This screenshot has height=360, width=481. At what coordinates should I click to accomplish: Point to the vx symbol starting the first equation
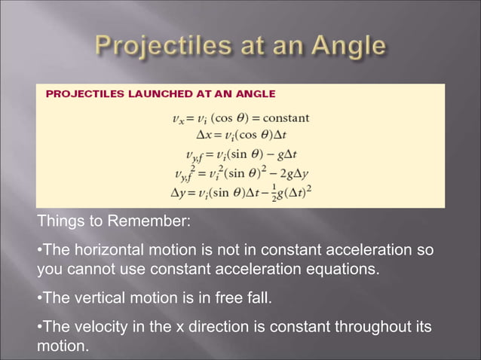tap(179, 119)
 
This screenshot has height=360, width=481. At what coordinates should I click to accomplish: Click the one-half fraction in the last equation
tap(273, 190)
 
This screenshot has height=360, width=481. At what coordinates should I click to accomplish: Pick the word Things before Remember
tap(59, 223)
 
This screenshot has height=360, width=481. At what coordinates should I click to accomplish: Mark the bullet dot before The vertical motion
tap(39, 299)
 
